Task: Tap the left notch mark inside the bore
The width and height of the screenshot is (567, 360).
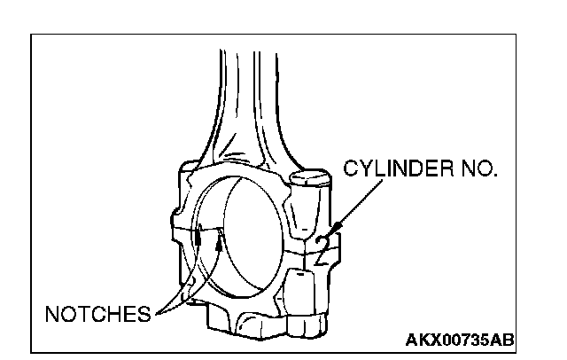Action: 199,238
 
